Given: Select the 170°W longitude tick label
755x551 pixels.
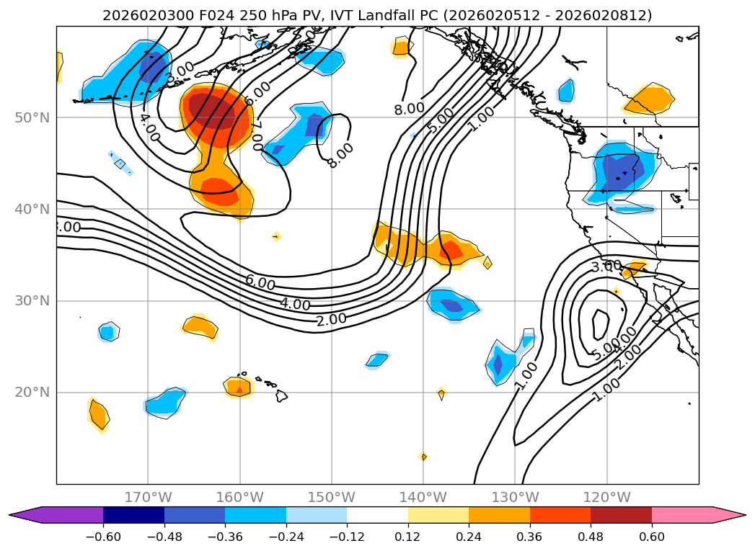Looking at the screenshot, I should [148, 497].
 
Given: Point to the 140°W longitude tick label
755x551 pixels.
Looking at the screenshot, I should [423, 497].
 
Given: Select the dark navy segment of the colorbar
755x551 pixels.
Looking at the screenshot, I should [133, 514].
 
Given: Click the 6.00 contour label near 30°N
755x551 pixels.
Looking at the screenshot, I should [260, 283].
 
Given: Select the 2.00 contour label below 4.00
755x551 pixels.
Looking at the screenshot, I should [330, 320].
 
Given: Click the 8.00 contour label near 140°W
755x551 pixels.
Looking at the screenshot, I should [409, 109].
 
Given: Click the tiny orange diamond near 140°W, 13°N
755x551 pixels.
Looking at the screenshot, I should [423, 457].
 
